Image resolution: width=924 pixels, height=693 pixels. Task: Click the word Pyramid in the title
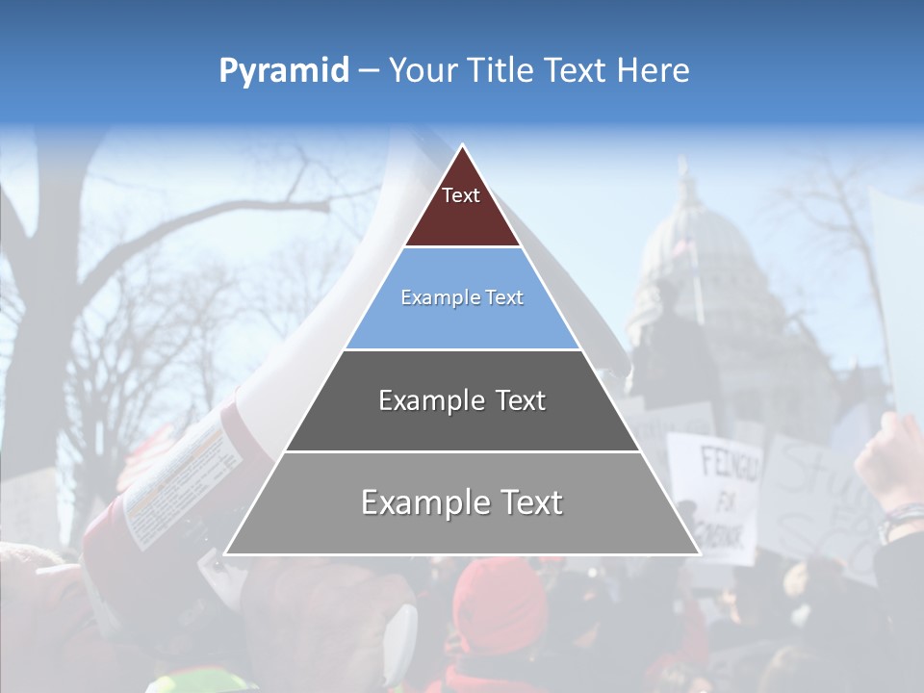283,71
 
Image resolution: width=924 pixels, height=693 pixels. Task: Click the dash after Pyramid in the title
369,71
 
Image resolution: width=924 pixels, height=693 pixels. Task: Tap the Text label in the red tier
461,195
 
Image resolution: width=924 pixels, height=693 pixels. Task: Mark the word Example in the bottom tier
424,502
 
